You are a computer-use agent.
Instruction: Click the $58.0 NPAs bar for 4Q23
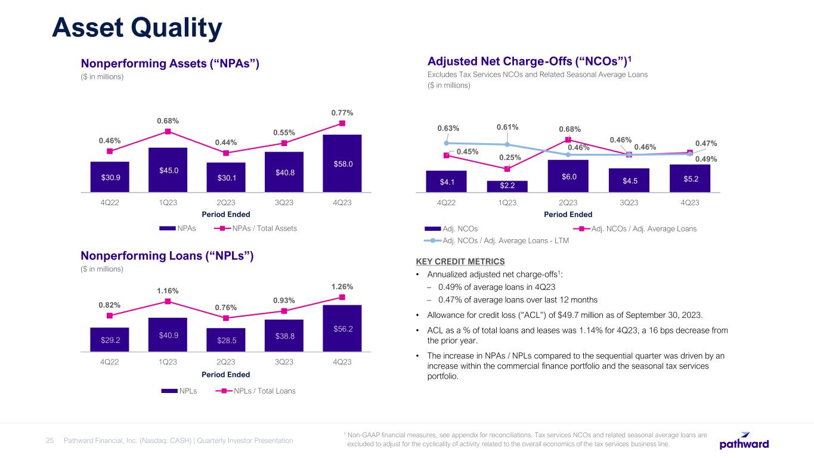(x=342, y=163)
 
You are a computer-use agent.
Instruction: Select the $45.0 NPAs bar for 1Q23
(x=168, y=170)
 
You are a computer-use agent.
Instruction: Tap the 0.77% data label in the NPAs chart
(x=342, y=112)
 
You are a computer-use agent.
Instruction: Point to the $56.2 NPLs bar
(x=342, y=328)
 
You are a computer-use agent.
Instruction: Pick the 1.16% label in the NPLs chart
(x=168, y=290)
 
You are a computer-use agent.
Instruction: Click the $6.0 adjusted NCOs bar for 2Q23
(x=568, y=176)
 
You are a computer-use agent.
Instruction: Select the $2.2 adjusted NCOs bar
(x=507, y=186)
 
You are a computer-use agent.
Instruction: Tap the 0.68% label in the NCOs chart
(x=570, y=129)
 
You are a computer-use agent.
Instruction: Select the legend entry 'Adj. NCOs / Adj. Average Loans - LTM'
(x=505, y=241)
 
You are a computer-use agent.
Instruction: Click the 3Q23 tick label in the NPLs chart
(x=283, y=362)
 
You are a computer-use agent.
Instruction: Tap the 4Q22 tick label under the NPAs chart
(x=110, y=202)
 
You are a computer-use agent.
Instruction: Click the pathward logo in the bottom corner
(x=744, y=441)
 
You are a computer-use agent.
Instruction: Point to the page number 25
(x=50, y=441)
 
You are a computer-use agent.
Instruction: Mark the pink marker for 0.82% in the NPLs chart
(x=110, y=315)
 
